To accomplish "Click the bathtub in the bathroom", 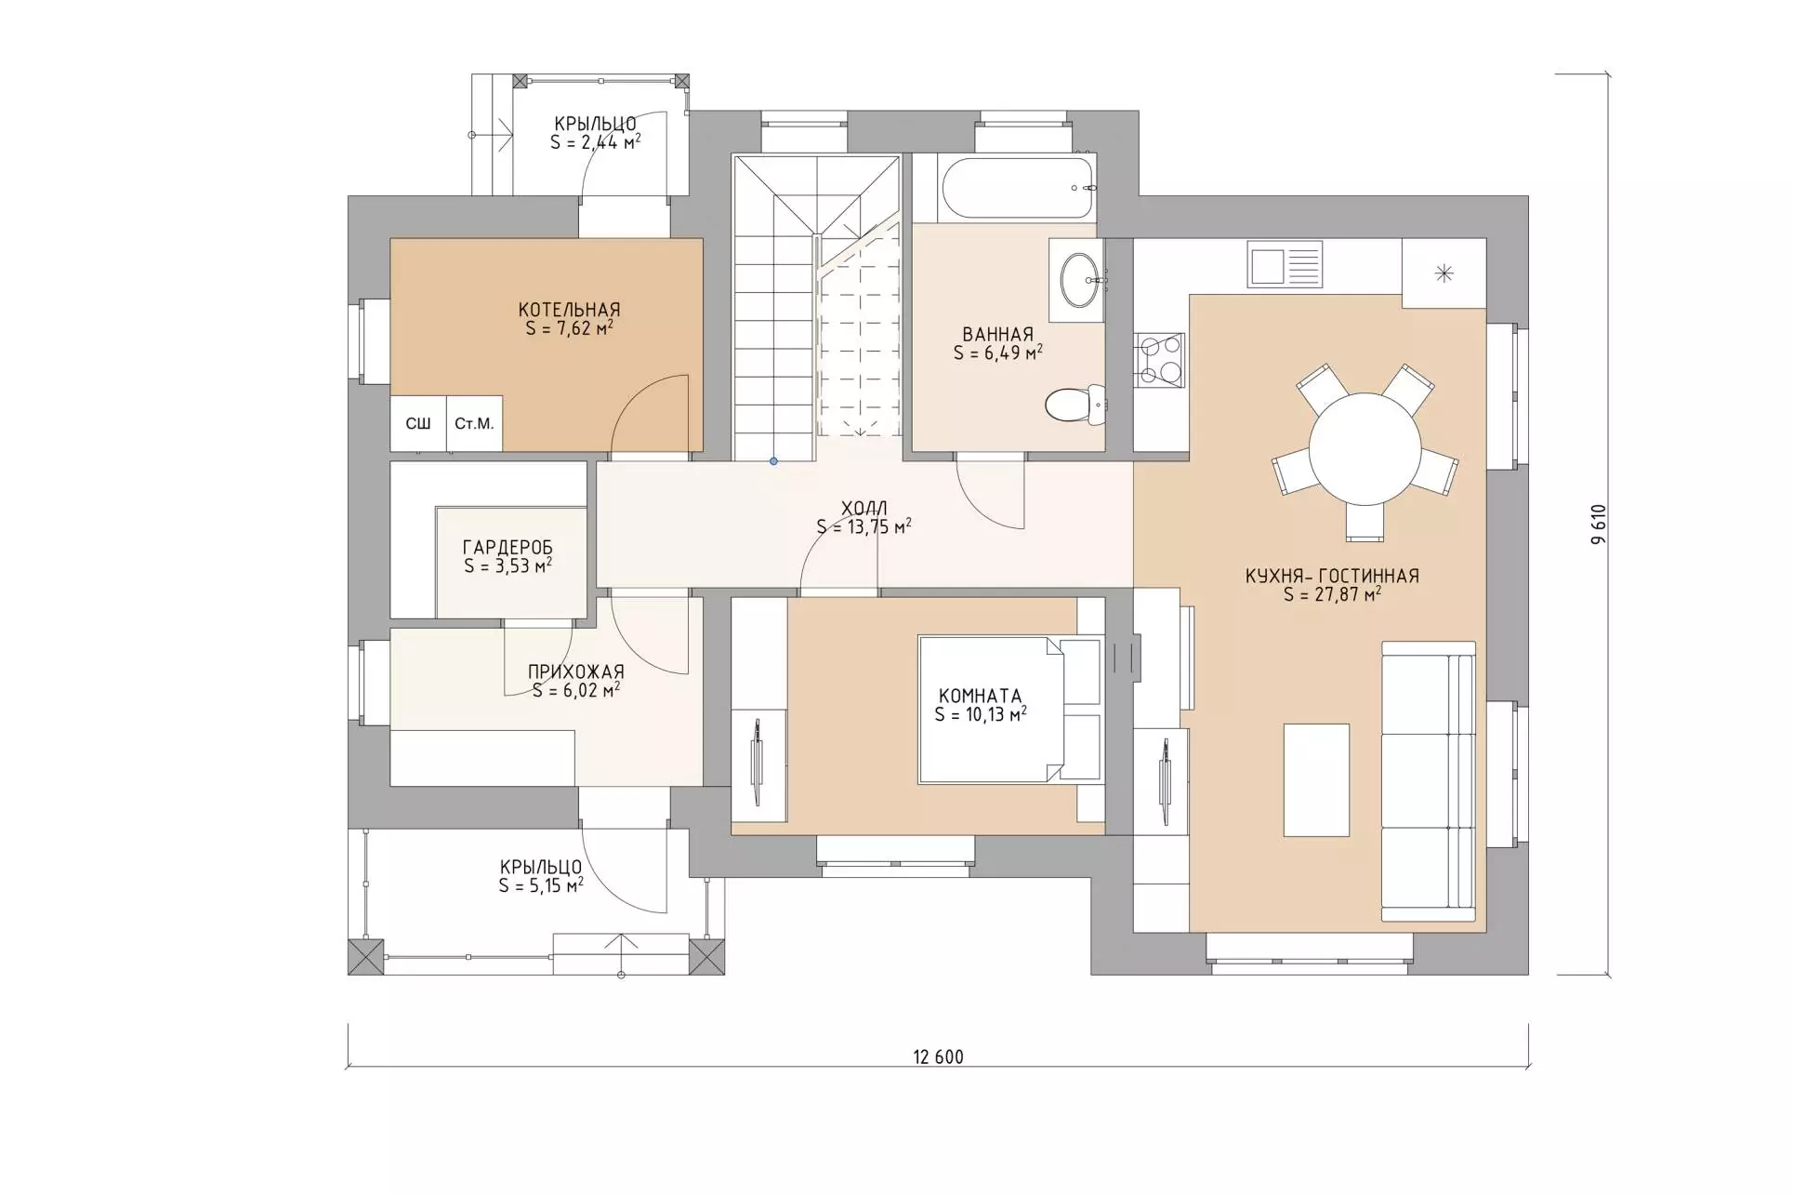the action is (1018, 188).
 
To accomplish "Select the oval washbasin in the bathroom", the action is (1081, 278).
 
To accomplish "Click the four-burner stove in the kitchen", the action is (1160, 360).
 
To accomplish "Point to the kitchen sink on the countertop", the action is (1285, 263).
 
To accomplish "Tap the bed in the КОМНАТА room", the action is (1009, 710).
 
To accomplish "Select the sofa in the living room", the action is (1429, 781).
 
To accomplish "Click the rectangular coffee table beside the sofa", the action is (1316, 780).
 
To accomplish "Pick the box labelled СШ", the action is (418, 424).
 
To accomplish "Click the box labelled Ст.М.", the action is (474, 424).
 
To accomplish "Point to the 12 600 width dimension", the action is (938, 1056).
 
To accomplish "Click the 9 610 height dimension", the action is (1598, 525).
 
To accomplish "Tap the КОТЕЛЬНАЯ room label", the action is (569, 310).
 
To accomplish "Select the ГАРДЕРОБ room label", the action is (508, 548).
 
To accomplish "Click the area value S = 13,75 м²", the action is (864, 527).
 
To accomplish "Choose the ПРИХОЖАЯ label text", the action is (576, 671).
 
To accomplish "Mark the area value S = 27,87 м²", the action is (1332, 594).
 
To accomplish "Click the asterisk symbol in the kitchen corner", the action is (1444, 272).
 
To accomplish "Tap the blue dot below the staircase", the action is (773, 461).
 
